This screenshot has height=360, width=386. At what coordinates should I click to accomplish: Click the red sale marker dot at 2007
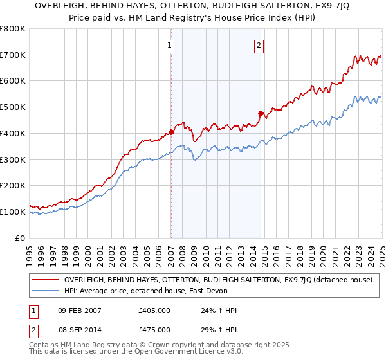pos(171,132)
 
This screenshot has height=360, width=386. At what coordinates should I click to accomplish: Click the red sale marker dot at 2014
pos(261,114)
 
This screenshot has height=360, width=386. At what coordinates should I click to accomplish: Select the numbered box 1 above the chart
pos(169,45)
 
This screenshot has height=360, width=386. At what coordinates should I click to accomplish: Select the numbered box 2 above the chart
pos(259,45)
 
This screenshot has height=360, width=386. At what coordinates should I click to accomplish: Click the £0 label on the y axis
pos(20,238)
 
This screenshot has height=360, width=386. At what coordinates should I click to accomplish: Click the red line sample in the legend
pos(45,280)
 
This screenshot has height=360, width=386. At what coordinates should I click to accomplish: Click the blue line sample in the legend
pos(45,292)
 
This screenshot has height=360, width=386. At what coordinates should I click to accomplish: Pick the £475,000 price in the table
pos(154,329)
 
